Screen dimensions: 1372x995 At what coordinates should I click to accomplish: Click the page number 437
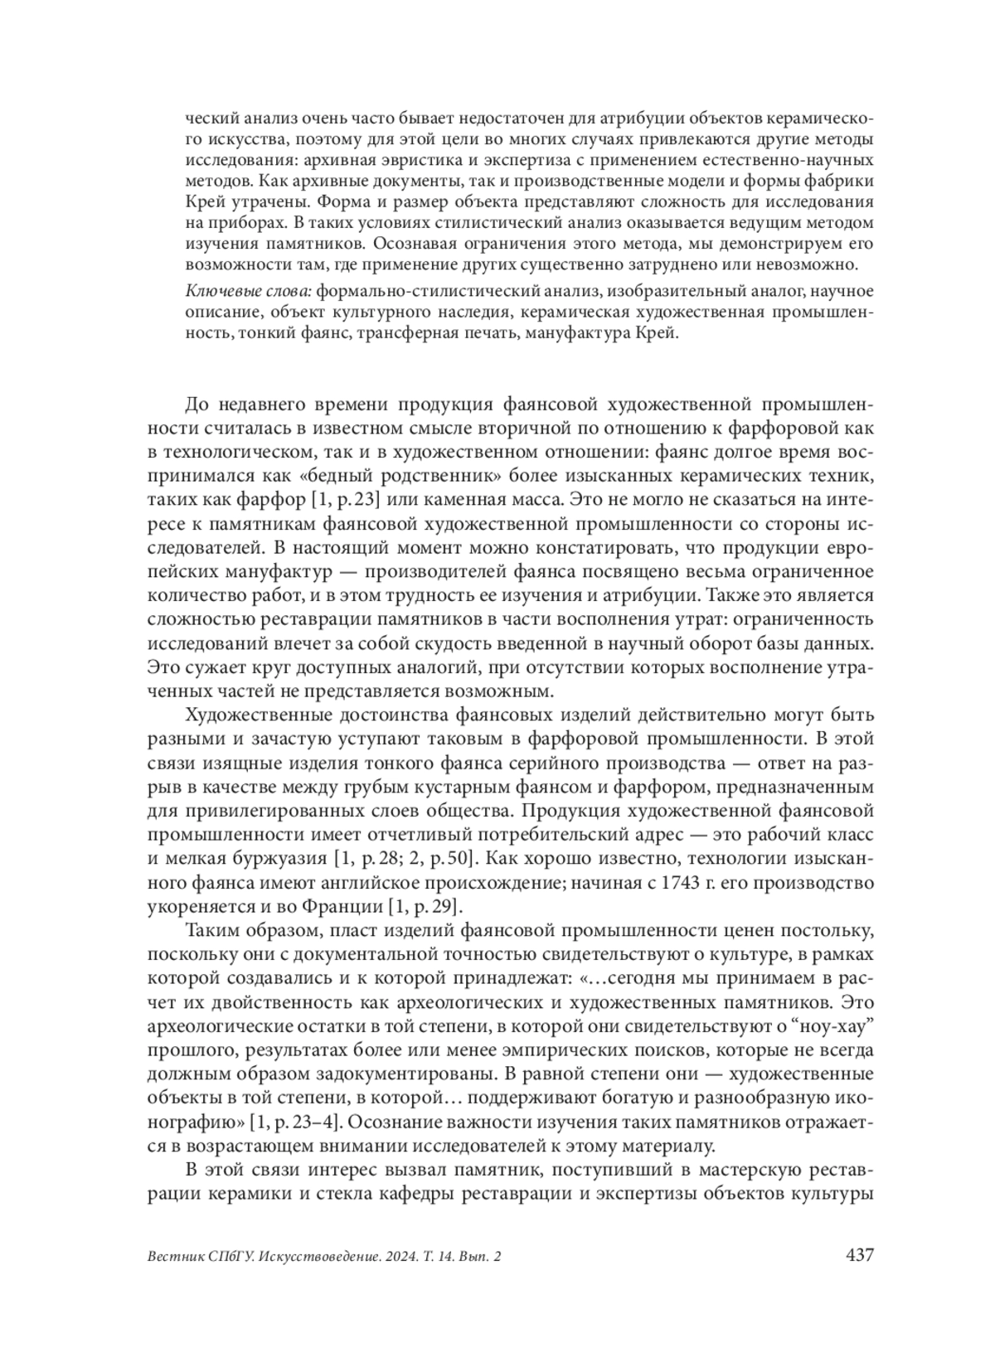click(859, 1255)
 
